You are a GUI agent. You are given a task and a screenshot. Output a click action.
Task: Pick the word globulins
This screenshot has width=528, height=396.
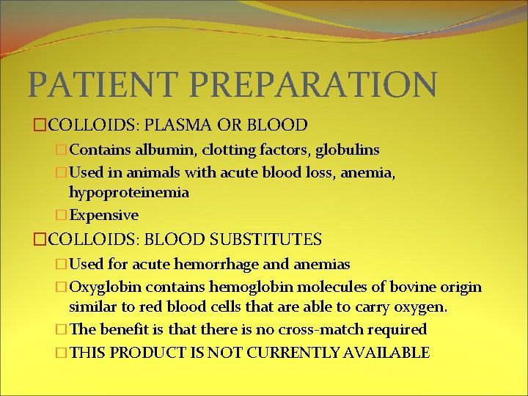(x=347, y=150)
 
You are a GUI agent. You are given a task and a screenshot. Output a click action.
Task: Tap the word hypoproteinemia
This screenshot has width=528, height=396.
(x=129, y=193)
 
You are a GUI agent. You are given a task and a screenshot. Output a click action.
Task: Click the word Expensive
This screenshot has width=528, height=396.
(x=103, y=215)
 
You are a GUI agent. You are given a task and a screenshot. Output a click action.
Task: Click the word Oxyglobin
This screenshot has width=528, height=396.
(x=103, y=286)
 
